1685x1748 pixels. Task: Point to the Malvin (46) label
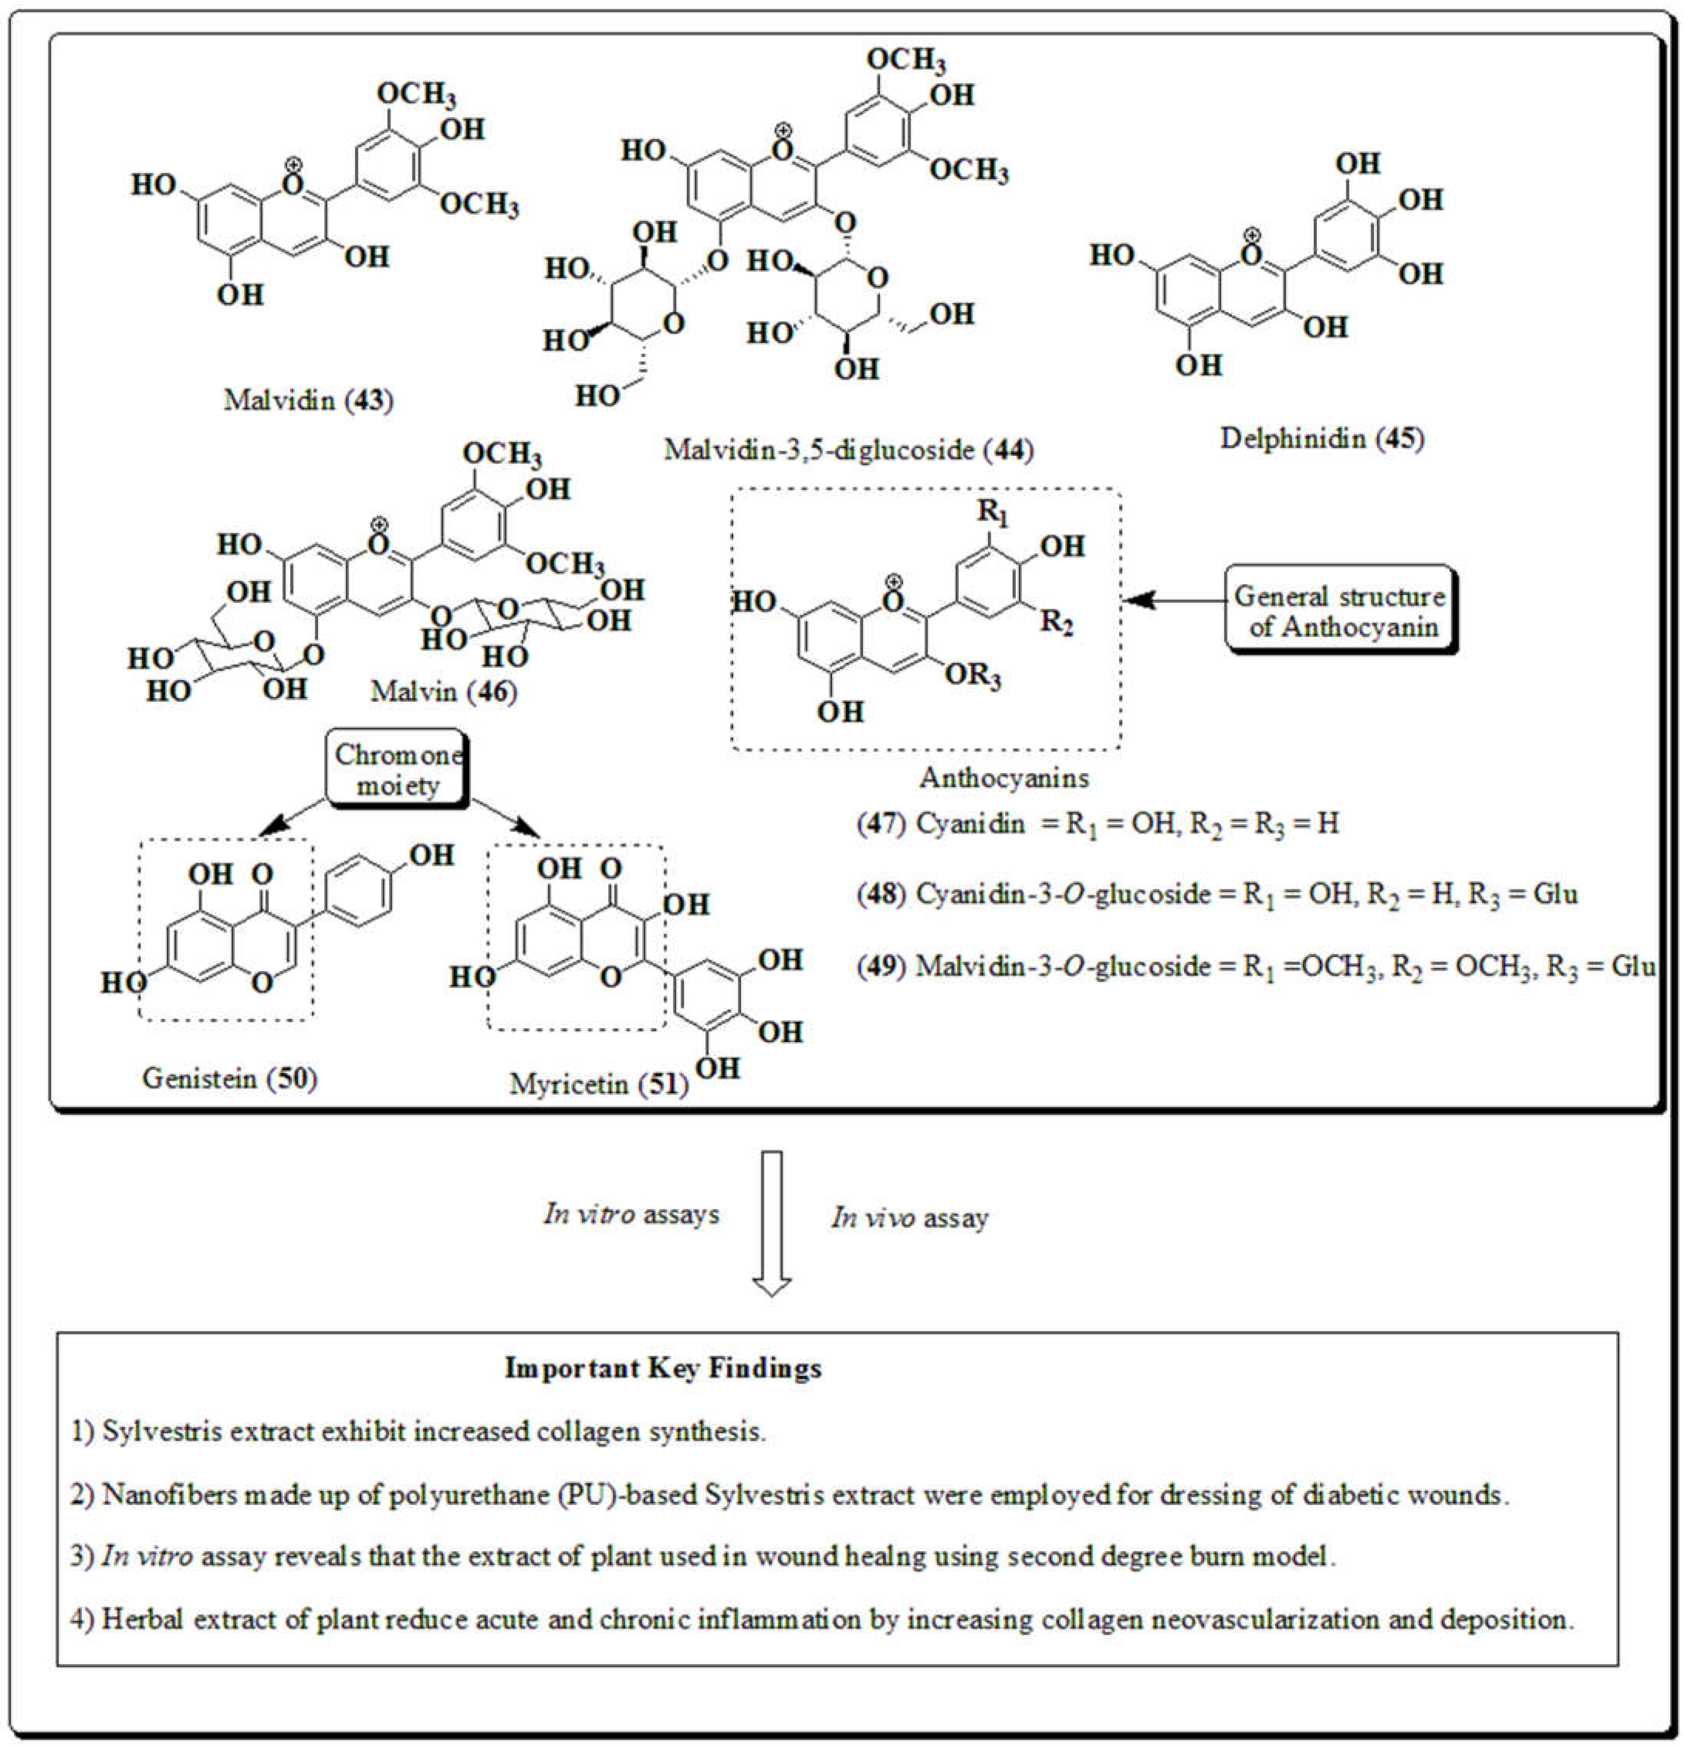coord(443,691)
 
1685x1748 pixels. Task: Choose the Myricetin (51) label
coord(599,1085)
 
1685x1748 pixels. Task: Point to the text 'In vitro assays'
coord(631,1215)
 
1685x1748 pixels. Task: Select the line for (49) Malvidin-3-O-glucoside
coord(1255,967)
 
